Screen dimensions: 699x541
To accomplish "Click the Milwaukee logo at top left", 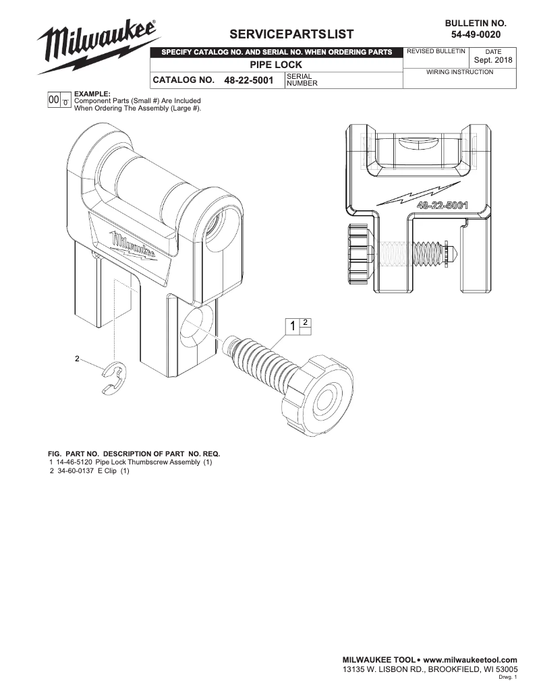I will (x=98, y=46).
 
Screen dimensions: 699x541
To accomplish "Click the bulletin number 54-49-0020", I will (x=476, y=34).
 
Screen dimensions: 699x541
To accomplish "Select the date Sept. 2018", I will (x=493, y=60).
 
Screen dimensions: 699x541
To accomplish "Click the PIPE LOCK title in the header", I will (x=276, y=65).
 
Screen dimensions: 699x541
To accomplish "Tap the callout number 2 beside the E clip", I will (x=77, y=358).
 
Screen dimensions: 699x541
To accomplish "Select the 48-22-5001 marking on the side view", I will (x=443, y=205).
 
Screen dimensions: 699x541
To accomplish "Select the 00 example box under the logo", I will (x=53, y=99).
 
